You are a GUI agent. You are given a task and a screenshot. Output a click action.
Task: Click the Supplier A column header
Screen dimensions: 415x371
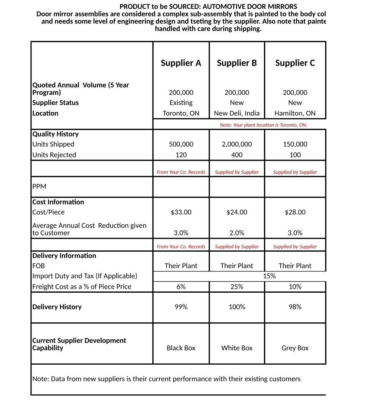[181, 63]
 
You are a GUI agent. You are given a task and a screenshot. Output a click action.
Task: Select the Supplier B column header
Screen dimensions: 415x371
[237, 63]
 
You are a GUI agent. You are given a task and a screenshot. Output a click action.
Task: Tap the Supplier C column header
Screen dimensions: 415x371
[295, 63]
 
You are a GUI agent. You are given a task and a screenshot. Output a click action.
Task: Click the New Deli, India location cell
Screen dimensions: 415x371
[237, 113]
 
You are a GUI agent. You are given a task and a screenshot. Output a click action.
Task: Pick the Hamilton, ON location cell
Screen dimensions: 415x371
[295, 113]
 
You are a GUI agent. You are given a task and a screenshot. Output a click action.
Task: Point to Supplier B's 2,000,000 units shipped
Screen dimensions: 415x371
[237, 144]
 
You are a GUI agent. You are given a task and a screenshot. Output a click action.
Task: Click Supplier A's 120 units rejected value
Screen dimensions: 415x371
[181, 155]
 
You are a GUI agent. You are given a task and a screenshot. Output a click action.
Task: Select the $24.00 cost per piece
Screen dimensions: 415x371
[237, 212]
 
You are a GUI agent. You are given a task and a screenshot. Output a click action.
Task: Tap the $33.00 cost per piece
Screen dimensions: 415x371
[181, 212]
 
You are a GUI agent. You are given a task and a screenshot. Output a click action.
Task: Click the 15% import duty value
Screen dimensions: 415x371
[269, 276]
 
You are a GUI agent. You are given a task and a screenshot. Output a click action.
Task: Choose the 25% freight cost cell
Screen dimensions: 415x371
[237, 287]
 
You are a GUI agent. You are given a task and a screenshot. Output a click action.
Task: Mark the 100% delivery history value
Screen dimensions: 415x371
[237, 307]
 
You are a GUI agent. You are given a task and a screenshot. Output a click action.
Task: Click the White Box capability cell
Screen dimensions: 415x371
[237, 348]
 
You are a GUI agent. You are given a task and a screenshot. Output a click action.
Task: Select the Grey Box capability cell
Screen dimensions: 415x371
[295, 348]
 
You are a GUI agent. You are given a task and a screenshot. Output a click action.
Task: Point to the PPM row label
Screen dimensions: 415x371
[39, 187]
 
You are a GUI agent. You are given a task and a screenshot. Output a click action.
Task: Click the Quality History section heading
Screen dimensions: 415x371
[55, 134]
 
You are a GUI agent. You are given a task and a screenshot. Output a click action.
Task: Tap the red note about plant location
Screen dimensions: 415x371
[263, 125]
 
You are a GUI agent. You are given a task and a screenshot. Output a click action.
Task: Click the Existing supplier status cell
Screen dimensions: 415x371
[181, 103]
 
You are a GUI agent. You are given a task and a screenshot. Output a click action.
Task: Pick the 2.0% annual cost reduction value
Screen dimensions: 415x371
[237, 233]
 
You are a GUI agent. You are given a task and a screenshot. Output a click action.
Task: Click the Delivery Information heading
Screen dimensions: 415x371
[64, 256]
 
